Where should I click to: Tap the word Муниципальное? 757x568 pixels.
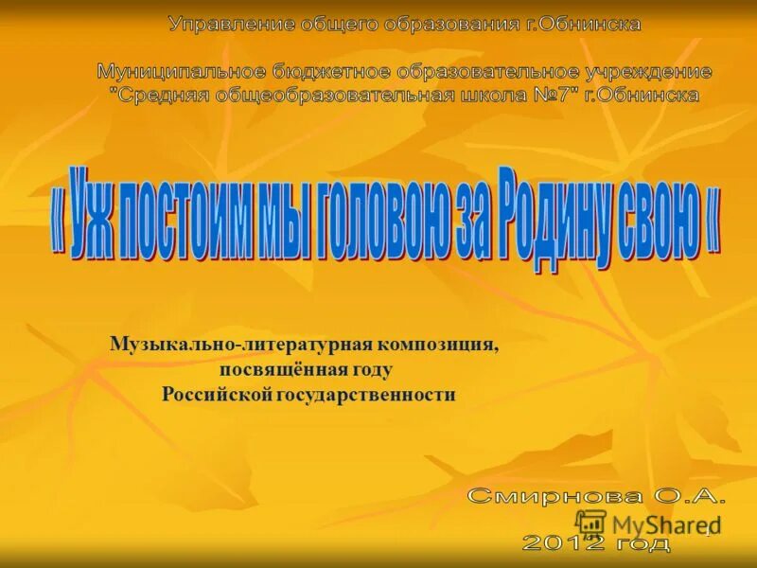pyautogui.click(x=168, y=71)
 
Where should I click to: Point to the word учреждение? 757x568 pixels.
pyautogui.click(x=654, y=71)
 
